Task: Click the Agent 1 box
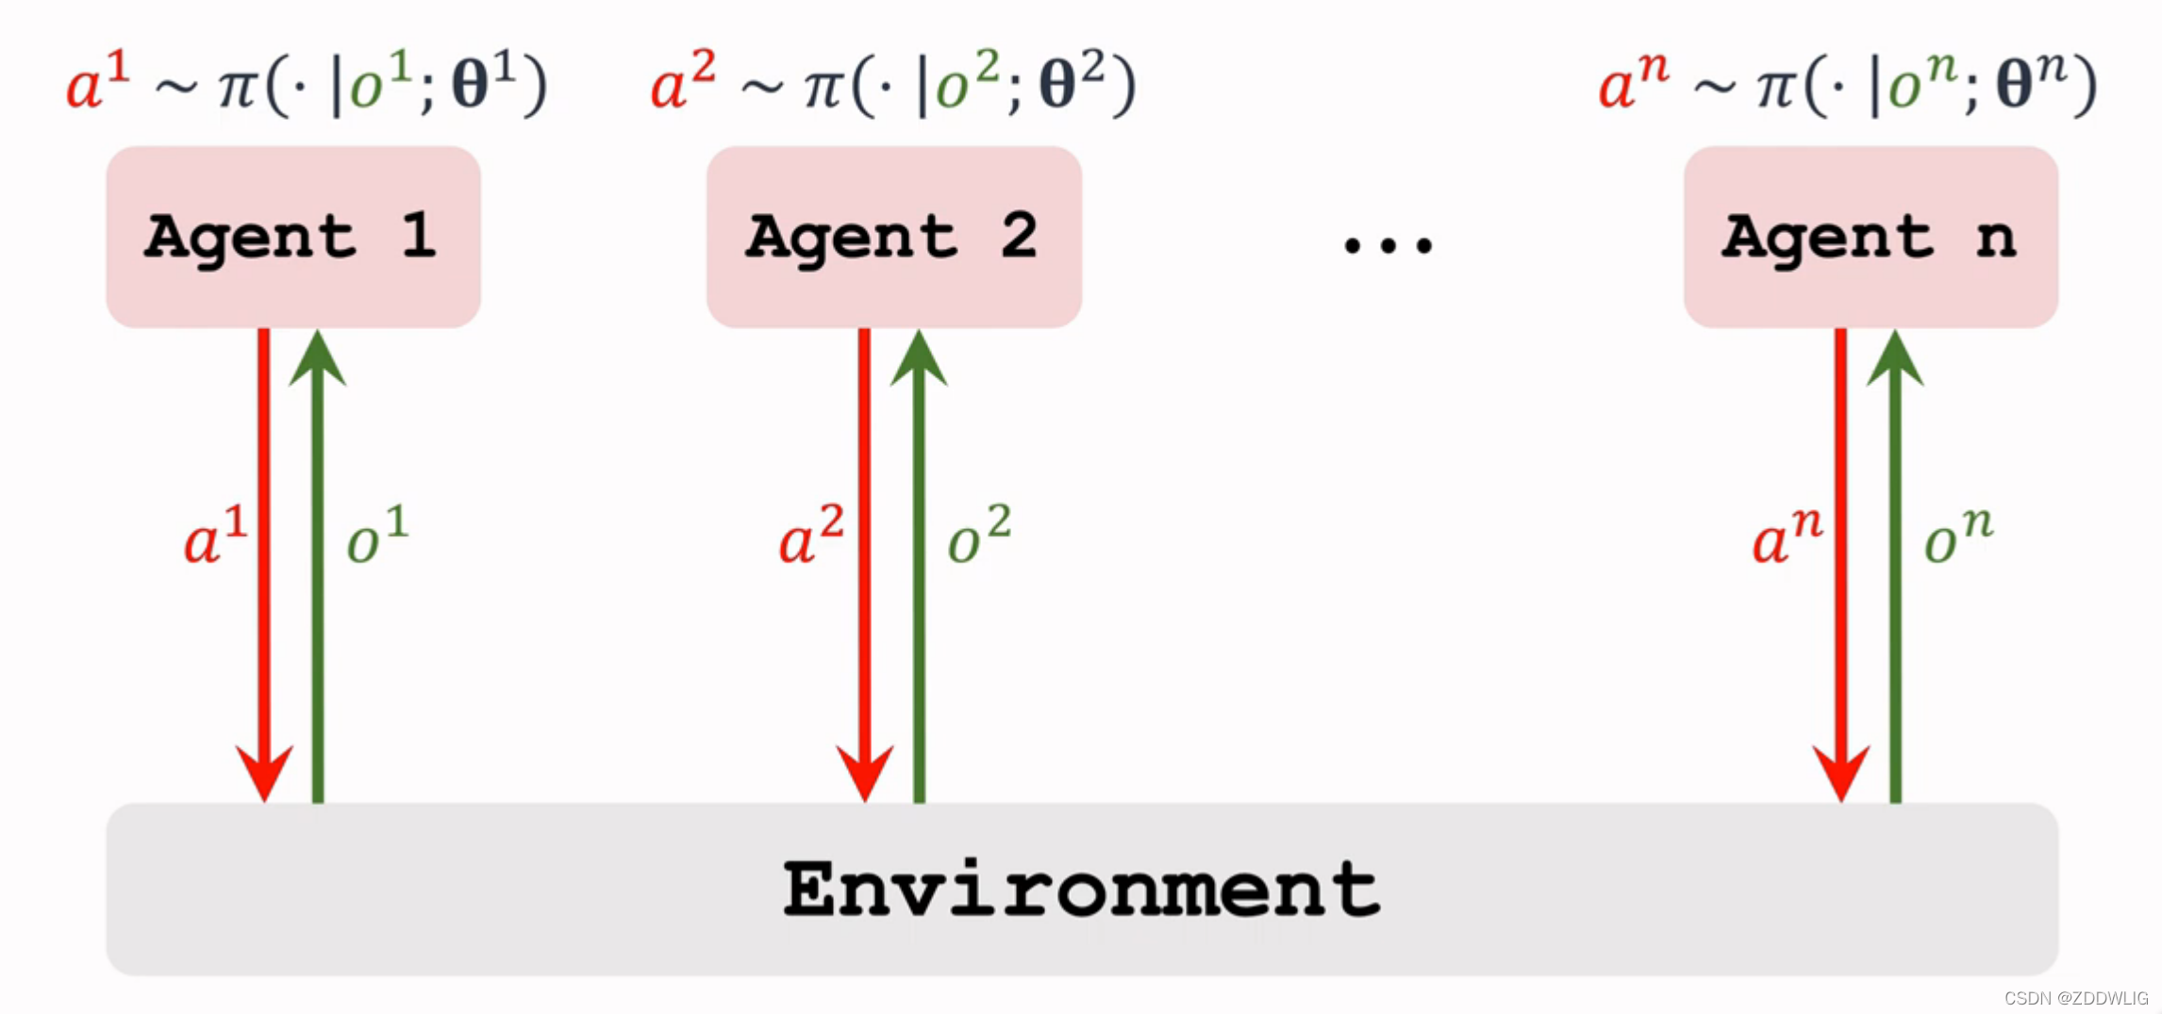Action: (292, 237)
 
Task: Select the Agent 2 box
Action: (893, 237)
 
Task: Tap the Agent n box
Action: (1870, 237)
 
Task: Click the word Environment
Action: (1081, 889)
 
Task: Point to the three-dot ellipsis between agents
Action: (1388, 245)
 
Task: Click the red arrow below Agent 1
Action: (264, 566)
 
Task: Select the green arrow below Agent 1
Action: (318, 566)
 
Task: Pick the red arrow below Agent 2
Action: (864, 566)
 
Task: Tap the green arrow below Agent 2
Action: (919, 566)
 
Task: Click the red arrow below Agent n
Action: (1840, 566)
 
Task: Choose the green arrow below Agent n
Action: (1895, 566)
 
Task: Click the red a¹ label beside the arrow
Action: (215, 536)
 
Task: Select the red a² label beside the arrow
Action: (810, 536)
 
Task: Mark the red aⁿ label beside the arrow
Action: (1786, 536)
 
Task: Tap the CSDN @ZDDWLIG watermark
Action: (2075, 998)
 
